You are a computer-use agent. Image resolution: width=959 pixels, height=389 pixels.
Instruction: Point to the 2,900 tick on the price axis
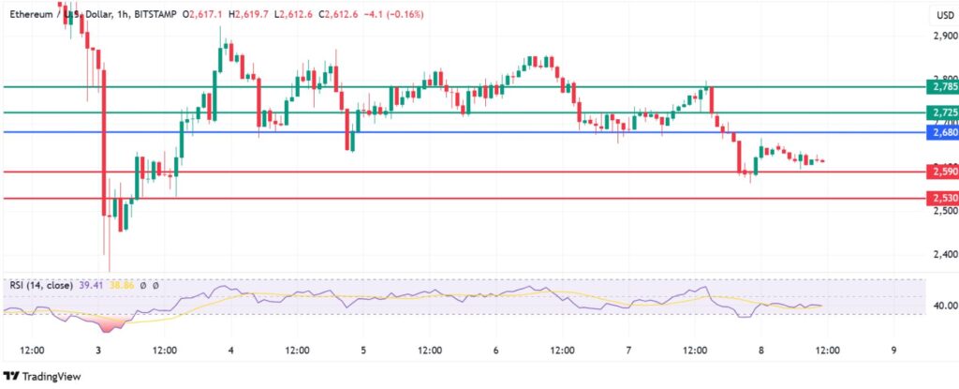tap(944, 37)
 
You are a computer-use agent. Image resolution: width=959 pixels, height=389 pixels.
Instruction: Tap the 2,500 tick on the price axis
tap(944, 211)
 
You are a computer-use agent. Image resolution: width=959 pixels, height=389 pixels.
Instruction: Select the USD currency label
tap(944, 15)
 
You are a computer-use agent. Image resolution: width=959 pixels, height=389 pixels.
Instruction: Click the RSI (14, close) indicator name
tap(44, 284)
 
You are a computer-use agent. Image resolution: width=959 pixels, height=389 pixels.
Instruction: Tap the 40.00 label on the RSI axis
tap(944, 306)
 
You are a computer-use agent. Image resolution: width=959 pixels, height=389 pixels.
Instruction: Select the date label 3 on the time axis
tap(98, 351)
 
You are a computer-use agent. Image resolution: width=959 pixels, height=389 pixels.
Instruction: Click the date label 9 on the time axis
tap(893, 351)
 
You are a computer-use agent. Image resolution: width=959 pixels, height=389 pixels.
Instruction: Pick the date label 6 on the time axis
tap(495, 351)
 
